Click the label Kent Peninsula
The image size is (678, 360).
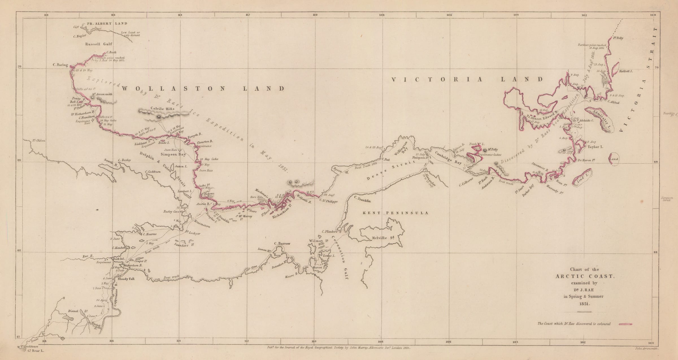(x=395, y=213)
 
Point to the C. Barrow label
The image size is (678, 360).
(x=282, y=243)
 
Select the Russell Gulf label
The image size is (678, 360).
(x=99, y=44)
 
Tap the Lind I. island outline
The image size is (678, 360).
(x=582, y=177)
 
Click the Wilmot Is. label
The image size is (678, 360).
(x=318, y=241)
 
